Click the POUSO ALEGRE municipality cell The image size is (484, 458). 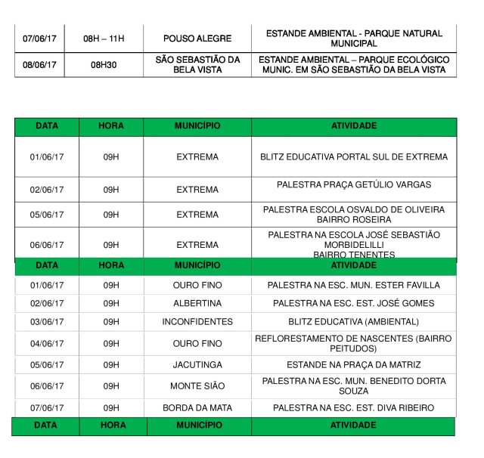click(197, 38)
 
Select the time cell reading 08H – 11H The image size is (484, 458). click(104, 38)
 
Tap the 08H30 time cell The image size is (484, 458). click(104, 65)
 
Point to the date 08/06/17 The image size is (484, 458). click(39, 65)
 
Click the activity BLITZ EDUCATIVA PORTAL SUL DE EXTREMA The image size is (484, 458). click(354, 157)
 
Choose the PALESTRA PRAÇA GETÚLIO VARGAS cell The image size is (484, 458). click(354, 184)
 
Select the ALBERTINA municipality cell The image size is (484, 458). click(197, 303)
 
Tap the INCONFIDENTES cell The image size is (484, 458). click(197, 321)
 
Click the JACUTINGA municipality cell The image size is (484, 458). click(197, 364)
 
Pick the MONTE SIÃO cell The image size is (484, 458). click(197, 386)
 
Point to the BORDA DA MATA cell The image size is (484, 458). click(197, 408)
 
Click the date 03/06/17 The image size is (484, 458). click(47, 321)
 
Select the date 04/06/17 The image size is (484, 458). click(47, 343)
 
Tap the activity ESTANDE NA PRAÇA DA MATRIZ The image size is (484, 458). click(354, 364)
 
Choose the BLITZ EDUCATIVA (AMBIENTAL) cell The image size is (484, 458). click(354, 321)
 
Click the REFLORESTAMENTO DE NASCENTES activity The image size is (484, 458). click(354, 338)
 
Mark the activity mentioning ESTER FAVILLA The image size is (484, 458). click(354, 286)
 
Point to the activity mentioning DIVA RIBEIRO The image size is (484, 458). click(354, 408)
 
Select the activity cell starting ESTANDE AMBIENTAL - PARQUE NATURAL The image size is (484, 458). click(354, 38)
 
